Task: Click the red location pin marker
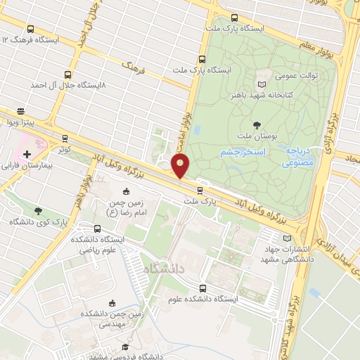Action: coord(181,166)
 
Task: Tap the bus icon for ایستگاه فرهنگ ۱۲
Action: coord(30,30)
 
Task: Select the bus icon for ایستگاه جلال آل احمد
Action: coord(68,74)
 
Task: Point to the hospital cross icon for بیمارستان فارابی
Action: coord(27,154)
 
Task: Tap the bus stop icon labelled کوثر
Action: coord(65,139)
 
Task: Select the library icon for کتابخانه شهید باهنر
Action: coord(262,83)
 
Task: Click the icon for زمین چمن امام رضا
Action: coord(127,191)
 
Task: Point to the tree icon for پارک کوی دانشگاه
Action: coord(38,210)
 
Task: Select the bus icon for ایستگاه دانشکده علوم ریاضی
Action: coord(97,228)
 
